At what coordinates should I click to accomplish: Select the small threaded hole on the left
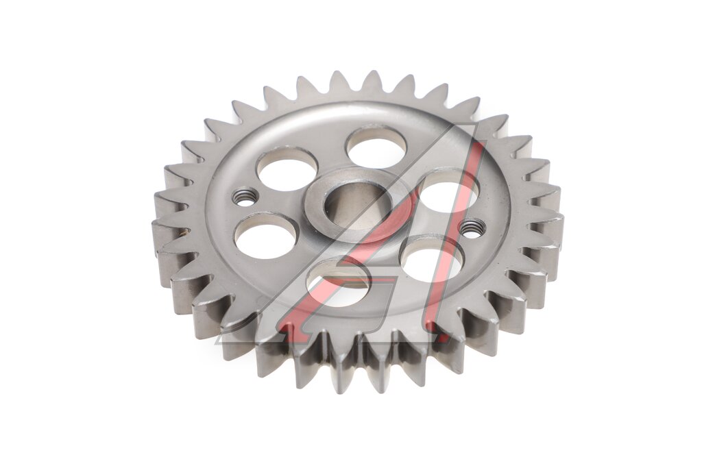pos(244,197)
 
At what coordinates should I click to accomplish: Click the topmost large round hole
pos(377,147)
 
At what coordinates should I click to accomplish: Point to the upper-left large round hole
pos(287,169)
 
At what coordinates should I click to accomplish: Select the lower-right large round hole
pos(433,258)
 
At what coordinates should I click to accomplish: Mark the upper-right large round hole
pos(448,191)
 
